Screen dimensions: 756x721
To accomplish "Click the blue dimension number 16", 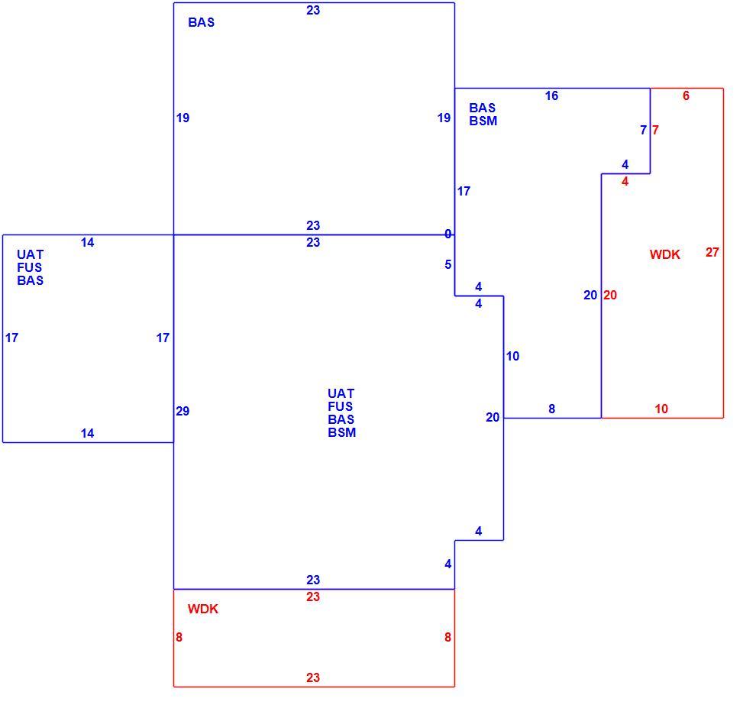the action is pos(551,96).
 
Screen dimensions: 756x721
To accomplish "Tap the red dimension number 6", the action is pos(686,96).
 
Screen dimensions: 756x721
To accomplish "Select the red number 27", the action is pos(712,252).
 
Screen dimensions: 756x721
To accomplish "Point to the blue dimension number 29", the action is pos(183,412).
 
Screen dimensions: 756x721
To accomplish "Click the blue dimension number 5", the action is pos(448,265).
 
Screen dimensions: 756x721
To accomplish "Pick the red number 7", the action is pos(655,130).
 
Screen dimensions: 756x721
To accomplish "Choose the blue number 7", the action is pos(643,130).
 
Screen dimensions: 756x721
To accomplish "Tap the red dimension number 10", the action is pos(661,409).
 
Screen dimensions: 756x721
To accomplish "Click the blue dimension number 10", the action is pos(512,357).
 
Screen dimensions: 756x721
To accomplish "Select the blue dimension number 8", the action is pos(551,409).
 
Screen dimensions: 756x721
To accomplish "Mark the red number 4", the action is pos(625,182).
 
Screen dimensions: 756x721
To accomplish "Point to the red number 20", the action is pos(610,295).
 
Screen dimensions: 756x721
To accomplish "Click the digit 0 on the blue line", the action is pos(448,234).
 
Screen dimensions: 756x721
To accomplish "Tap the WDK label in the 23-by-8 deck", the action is pos(203,609).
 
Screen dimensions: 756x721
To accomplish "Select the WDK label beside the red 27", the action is pos(665,254).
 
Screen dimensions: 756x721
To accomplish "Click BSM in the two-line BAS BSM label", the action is pos(483,121).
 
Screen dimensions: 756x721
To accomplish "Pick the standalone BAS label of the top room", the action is pos(201,23).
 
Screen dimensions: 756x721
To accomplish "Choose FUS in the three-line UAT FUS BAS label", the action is pos(30,267).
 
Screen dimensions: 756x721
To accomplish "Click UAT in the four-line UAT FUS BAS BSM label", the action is pos(341,393).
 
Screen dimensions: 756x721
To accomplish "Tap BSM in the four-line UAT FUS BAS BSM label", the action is pos(342,432).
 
